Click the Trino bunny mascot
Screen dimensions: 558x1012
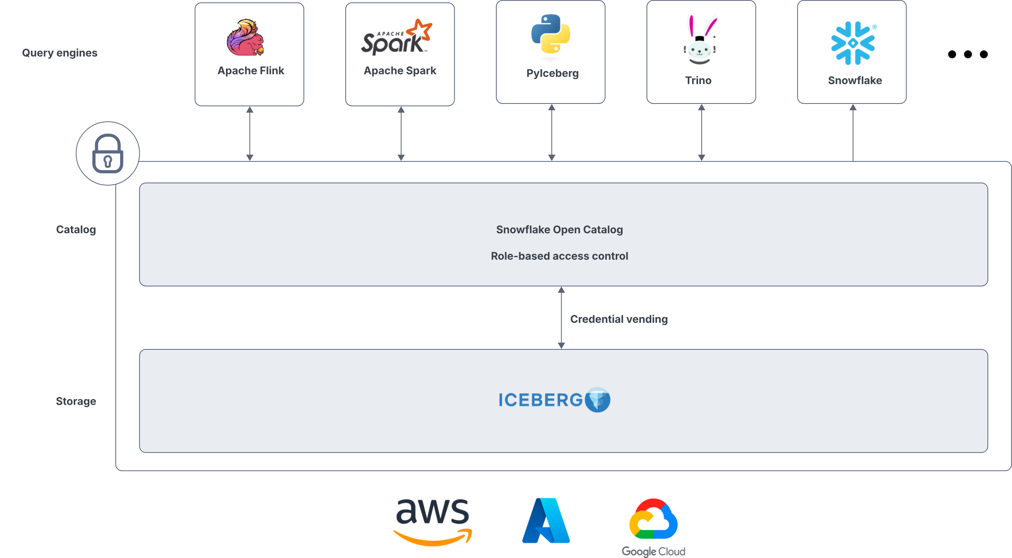700,40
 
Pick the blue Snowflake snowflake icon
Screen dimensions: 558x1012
853,43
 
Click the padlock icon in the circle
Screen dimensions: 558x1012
107,153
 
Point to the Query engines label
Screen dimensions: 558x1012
59,53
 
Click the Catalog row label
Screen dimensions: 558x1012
76,230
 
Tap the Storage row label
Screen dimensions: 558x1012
76,401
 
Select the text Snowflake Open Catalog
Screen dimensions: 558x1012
559,230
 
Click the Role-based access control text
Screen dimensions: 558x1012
559,256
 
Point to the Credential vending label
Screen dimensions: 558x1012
619,319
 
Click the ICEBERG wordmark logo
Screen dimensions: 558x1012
554,400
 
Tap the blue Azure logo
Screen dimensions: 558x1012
546,521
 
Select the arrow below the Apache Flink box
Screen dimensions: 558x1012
250,134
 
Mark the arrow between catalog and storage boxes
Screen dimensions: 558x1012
561,318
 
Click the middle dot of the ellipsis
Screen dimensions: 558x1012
968,54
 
